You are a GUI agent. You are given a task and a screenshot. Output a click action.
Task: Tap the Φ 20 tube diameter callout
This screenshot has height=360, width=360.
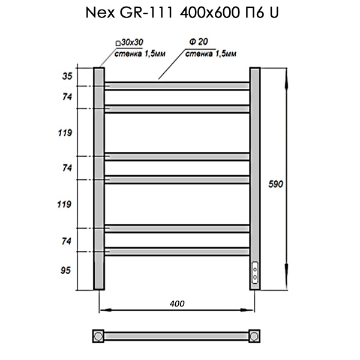194,44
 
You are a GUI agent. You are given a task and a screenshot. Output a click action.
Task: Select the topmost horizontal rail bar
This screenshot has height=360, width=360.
178,86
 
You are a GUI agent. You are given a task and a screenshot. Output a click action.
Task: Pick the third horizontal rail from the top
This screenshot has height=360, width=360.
178,157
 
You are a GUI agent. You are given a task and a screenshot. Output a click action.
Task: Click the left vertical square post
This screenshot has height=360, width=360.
99,178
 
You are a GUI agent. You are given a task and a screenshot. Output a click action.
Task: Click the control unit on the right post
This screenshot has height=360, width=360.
256,274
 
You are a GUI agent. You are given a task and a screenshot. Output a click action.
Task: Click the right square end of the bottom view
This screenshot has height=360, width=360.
256,335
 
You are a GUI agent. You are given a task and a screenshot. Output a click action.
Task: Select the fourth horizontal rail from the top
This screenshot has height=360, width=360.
178,179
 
